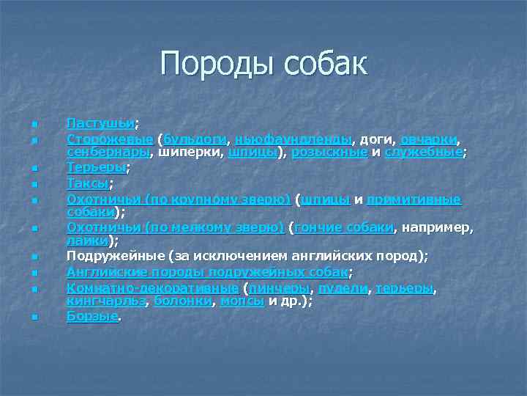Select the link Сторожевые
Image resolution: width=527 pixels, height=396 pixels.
pos(110,139)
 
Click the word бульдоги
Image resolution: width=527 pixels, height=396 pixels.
pos(195,139)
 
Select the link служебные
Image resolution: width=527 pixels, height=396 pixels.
pos(424,152)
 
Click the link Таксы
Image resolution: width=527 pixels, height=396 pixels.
pos(87,183)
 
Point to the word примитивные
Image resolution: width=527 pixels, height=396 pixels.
pos(414,199)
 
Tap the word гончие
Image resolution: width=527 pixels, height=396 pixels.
pos(320,227)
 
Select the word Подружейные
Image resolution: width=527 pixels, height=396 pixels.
pos(113,256)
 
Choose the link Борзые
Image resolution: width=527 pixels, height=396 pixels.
pos(92,317)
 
